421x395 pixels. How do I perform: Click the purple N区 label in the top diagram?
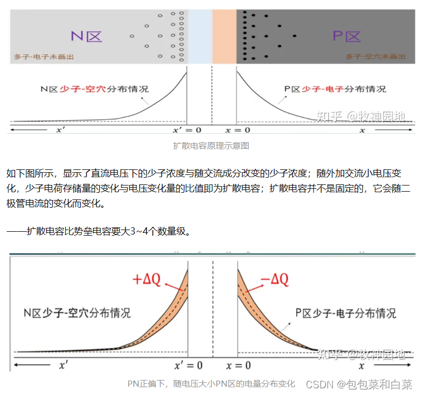click(86, 37)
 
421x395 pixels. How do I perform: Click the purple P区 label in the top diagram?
click(347, 37)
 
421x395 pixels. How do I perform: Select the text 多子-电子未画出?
click(44, 57)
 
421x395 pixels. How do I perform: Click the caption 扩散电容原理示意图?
click(210, 146)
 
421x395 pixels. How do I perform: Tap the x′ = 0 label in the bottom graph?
click(188, 366)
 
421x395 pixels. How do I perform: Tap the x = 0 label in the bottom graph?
click(238, 366)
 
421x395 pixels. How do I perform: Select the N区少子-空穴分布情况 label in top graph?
click(95, 89)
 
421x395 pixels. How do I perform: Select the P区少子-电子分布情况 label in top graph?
click(335, 89)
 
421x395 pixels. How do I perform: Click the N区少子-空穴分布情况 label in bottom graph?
click(77, 313)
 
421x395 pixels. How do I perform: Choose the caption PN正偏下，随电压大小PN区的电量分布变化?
click(211, 384)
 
